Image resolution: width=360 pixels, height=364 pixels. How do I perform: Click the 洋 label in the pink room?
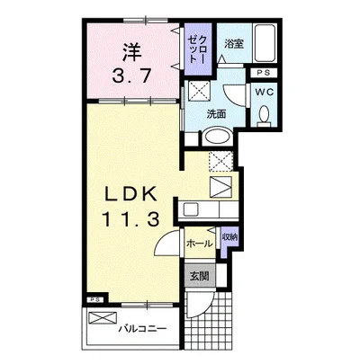pos(131,52)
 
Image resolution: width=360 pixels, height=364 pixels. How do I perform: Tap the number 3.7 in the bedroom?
pos(131,76)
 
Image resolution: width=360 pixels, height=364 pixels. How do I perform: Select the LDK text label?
pos(130,195)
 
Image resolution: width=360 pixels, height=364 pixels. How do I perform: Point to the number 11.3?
pos(130,219)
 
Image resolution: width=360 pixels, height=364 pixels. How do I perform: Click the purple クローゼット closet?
pos(197,49)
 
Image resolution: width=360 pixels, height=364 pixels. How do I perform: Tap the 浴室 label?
pos(234,44)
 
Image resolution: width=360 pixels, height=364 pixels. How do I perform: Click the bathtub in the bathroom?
pos(264,43)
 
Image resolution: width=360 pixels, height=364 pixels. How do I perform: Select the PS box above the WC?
pos(264,73)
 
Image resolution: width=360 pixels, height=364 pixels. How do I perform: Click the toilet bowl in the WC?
pos(265,114)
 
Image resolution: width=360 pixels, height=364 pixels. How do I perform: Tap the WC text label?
pos(265,92)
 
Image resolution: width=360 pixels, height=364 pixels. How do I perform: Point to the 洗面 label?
pos(217,114)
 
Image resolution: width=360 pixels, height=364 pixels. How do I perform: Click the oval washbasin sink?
pos(218,138)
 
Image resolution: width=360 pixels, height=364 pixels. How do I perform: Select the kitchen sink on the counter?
pos(190,209)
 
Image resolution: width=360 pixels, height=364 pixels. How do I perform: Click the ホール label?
pos(200,244)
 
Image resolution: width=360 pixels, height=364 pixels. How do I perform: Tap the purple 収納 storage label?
pos(229,237)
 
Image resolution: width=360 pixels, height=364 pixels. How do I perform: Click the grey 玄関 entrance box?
pos(200,276)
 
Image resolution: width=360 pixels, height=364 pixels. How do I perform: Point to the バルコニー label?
pos(142,329)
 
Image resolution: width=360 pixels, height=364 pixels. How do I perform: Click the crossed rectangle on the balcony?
pos(103,317)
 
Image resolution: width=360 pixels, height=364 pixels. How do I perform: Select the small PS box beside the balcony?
pos(94,300)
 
